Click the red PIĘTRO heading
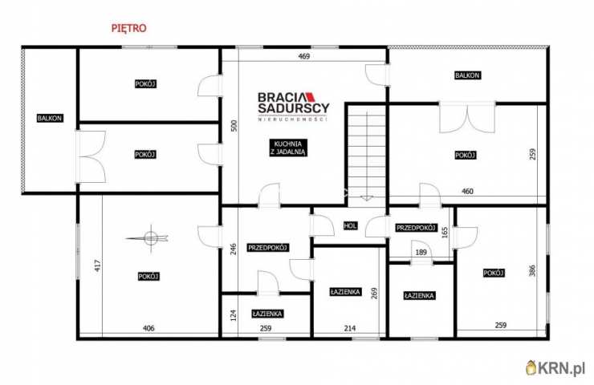128,27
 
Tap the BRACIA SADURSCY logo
293,105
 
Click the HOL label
350,225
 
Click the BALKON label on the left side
50,118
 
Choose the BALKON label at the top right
467,75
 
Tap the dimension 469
304,56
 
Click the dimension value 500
233,126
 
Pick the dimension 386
531,272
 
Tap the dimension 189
421,253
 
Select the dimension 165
444,232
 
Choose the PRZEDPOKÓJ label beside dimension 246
267,247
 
